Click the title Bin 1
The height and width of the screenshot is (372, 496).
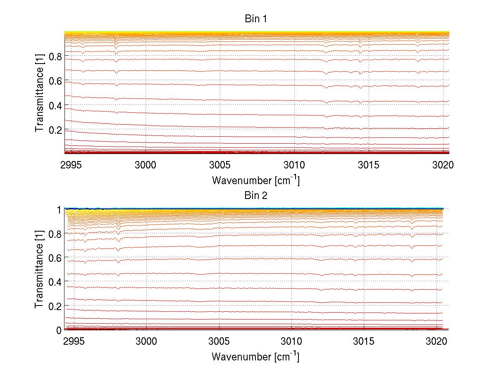coord(256,19)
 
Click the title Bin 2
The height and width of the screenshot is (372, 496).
coord(256,195)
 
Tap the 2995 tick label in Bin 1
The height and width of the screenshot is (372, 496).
coord(72,166)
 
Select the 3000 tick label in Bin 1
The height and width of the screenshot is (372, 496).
coord(145,166)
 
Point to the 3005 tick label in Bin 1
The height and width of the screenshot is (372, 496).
coord(220,166)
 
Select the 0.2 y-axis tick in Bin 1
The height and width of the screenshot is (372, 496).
coord(55,130)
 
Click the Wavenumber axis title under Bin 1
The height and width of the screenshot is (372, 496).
coord(255,180)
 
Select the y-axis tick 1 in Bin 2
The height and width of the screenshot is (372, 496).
coord(59,209)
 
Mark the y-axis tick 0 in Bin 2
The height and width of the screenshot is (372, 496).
coord(59,330)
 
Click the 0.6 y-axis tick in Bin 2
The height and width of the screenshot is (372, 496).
coord(55,258)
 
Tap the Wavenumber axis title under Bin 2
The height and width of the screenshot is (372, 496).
coord(255,356)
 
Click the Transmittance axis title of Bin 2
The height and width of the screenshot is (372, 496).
coord(40,270)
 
